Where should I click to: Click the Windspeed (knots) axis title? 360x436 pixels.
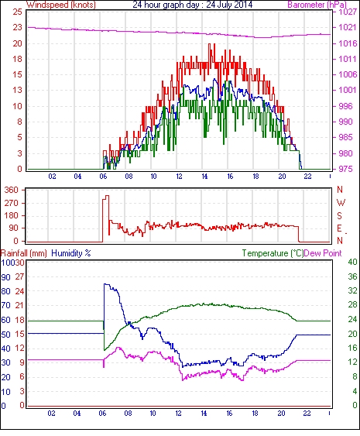[61, 5]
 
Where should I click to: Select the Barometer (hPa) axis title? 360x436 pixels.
[317, 5]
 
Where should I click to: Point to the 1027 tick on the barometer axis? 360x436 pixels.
[348, 12]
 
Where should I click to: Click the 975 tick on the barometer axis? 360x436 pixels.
[345, 169]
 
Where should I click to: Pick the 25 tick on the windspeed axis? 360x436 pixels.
[17, 12]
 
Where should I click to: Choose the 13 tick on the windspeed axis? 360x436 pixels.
[17, 90]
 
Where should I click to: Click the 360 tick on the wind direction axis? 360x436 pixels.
[12, 191]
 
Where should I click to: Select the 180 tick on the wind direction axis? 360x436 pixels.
[12, 215]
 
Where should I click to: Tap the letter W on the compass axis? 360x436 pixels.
[341, 202]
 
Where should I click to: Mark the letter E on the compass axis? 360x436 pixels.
[339, 228]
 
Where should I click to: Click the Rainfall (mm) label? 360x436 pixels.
[24, 253]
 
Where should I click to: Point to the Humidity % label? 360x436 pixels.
[71, 253]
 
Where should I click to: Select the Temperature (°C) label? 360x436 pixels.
[273, 253]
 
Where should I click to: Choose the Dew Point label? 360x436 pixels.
[323, 253]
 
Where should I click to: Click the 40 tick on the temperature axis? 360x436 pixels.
[352, 262]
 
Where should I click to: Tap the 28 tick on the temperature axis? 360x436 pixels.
[352, 305]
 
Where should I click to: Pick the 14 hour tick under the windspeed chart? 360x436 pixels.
[204, 177]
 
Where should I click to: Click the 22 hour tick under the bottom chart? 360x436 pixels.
[307, 414]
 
